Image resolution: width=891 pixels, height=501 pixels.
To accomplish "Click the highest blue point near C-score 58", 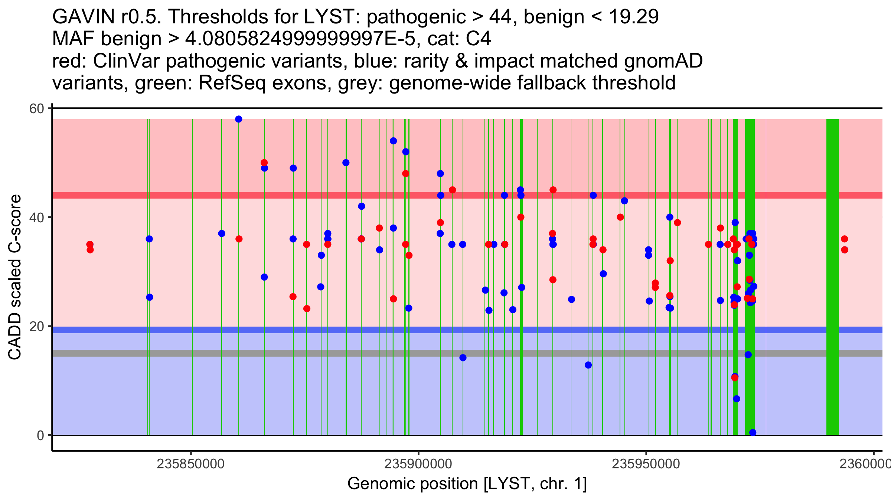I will [239, 119].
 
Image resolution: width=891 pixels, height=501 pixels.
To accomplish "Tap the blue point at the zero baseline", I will [753, 432].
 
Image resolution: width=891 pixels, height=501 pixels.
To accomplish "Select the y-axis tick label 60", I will [36, 109].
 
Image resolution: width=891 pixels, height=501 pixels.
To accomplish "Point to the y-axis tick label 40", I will [36, 217].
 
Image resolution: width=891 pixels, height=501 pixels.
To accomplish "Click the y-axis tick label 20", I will [36, 326].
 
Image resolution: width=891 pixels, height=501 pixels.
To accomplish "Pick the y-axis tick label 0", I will [40, 435].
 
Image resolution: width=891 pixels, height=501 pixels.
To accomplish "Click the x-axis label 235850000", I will [190, 464].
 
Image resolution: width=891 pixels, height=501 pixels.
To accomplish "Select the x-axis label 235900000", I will [418, 464].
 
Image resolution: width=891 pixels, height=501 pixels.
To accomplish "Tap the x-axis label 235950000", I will [646, 464].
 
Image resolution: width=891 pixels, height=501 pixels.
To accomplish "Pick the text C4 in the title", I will [479, 39].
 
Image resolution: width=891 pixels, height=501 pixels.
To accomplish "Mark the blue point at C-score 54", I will [393, 141].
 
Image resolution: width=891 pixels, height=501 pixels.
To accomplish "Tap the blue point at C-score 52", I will [406, 152].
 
